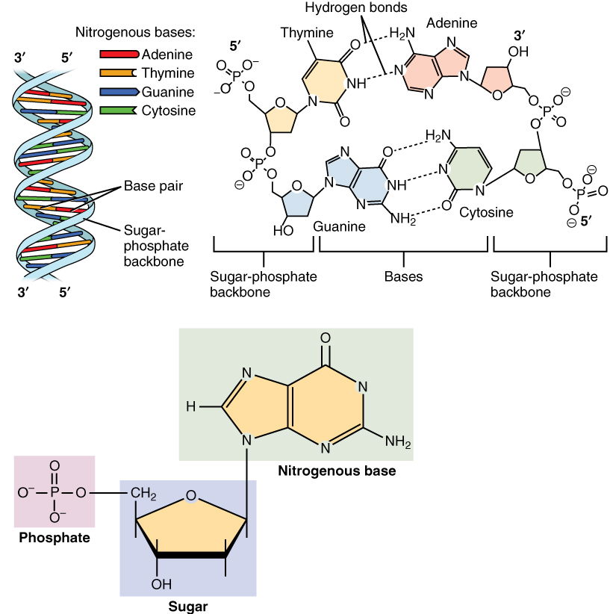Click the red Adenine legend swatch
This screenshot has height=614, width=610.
pos(118,55)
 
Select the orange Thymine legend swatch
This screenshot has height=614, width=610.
pos(118,73)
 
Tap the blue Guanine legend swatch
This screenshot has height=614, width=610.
pos(118,92)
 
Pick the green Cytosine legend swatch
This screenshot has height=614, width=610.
pos(118,111)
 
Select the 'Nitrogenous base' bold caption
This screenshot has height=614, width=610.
pos(337,471)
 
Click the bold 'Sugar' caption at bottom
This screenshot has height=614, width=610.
pos(188,606)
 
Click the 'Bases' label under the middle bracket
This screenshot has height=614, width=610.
pos(403,276)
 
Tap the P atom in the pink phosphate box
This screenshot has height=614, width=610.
pos(54,493)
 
